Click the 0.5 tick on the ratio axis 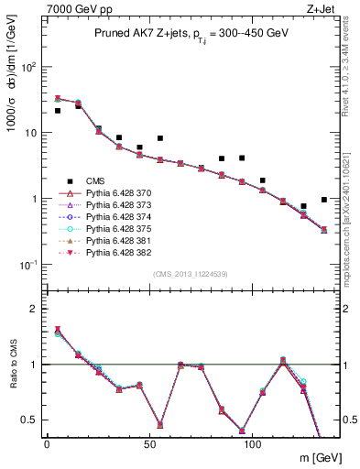pos(30,420)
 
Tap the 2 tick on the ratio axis pos(35,309)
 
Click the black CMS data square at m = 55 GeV pos(160,138)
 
